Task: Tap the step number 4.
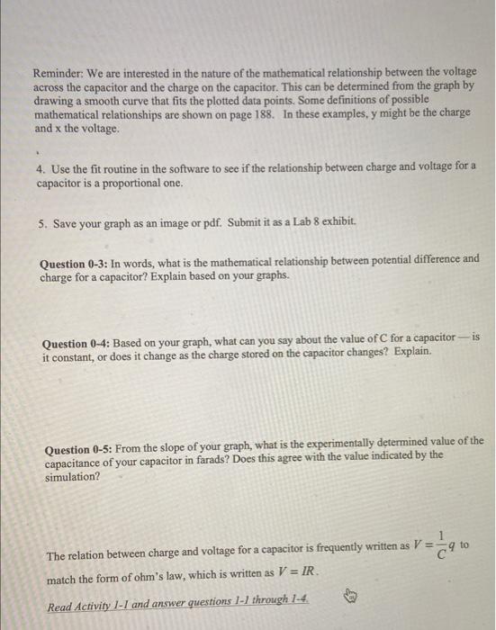coord(39,168)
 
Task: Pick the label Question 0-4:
coord(76,337)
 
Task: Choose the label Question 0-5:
coord(80,442)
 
